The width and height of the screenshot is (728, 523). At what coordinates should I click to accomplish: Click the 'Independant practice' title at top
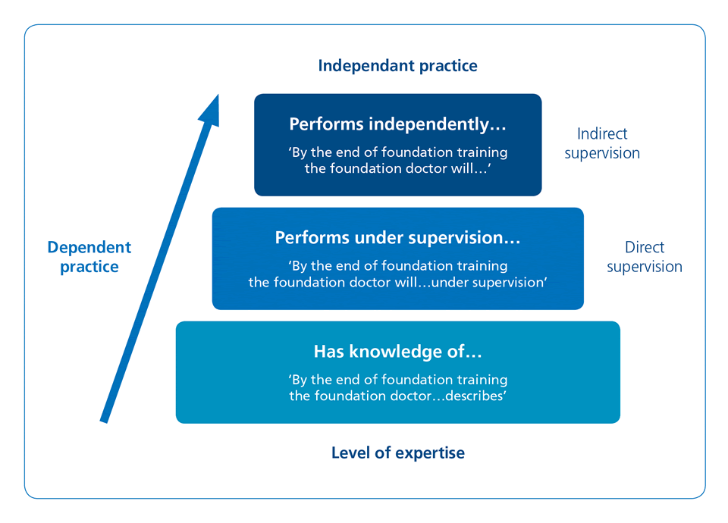pyautogui.click(x=397, y=65)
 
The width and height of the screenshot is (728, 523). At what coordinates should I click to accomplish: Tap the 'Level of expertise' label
pyautogui.click(x=397, y=453)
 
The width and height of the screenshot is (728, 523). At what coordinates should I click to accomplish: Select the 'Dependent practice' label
pyautogui.click(x=89, y=257)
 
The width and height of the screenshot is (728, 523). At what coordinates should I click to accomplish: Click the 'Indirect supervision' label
pyautogui.click(x=602, y=143)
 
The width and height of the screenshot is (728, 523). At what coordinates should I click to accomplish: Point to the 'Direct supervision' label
pyautogui.click(x=644, y=257)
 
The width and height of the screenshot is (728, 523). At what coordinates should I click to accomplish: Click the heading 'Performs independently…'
pyautogui.click(x=397, y=124)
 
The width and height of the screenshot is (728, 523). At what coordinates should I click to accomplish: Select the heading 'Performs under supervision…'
pyautogui.click(x=397, y=238)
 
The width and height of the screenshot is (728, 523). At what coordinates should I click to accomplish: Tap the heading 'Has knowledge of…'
pyautogui.click(x=397, y=352)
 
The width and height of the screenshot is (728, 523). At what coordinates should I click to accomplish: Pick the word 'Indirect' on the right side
pyautogui.click(x=602, y=134)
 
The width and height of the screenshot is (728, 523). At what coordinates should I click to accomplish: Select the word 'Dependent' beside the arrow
pyautogui.click(x=89, y=248)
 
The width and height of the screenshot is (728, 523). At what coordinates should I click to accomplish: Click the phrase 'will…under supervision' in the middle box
pyautogui.click(x=475, y=283)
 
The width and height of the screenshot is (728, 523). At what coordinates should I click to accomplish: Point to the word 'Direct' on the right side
pyautogui.click(x=645, y=248)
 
